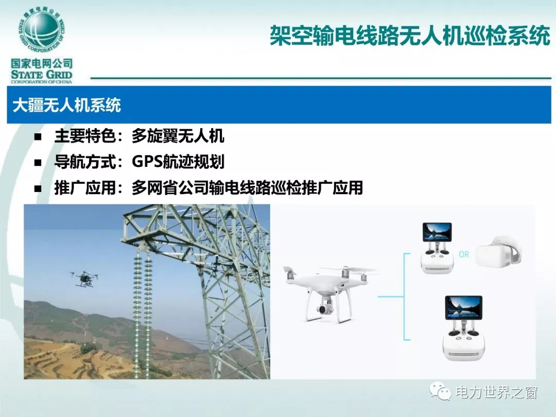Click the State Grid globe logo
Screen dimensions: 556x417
41,31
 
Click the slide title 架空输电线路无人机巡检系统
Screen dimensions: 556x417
410,36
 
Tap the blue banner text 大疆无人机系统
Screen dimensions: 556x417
66,105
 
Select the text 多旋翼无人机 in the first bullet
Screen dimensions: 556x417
178,136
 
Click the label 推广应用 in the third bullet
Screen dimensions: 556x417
85,187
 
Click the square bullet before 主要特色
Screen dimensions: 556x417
38,137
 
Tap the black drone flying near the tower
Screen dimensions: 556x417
84,278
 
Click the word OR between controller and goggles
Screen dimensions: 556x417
464,254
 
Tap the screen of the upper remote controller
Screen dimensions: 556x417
437,232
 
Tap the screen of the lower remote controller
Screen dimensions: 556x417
463,307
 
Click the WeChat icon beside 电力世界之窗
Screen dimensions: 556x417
440,391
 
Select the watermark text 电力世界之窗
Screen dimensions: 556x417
496,392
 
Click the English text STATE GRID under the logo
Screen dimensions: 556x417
42,75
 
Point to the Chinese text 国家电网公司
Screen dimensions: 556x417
42,64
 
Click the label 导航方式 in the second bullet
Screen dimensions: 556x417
85,162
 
